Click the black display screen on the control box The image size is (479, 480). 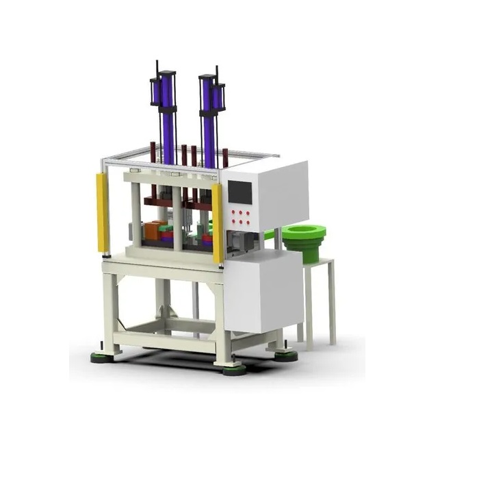[x=240, y=192]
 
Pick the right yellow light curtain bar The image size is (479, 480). [x=217, y=223]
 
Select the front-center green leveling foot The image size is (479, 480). [x=234, y=370]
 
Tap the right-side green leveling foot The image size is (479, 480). [x=285, y=355]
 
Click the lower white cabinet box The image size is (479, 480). [x=263, y=294]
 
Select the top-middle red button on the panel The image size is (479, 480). [x=241, y=213]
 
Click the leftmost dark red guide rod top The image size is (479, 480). [x=153, y=147]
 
